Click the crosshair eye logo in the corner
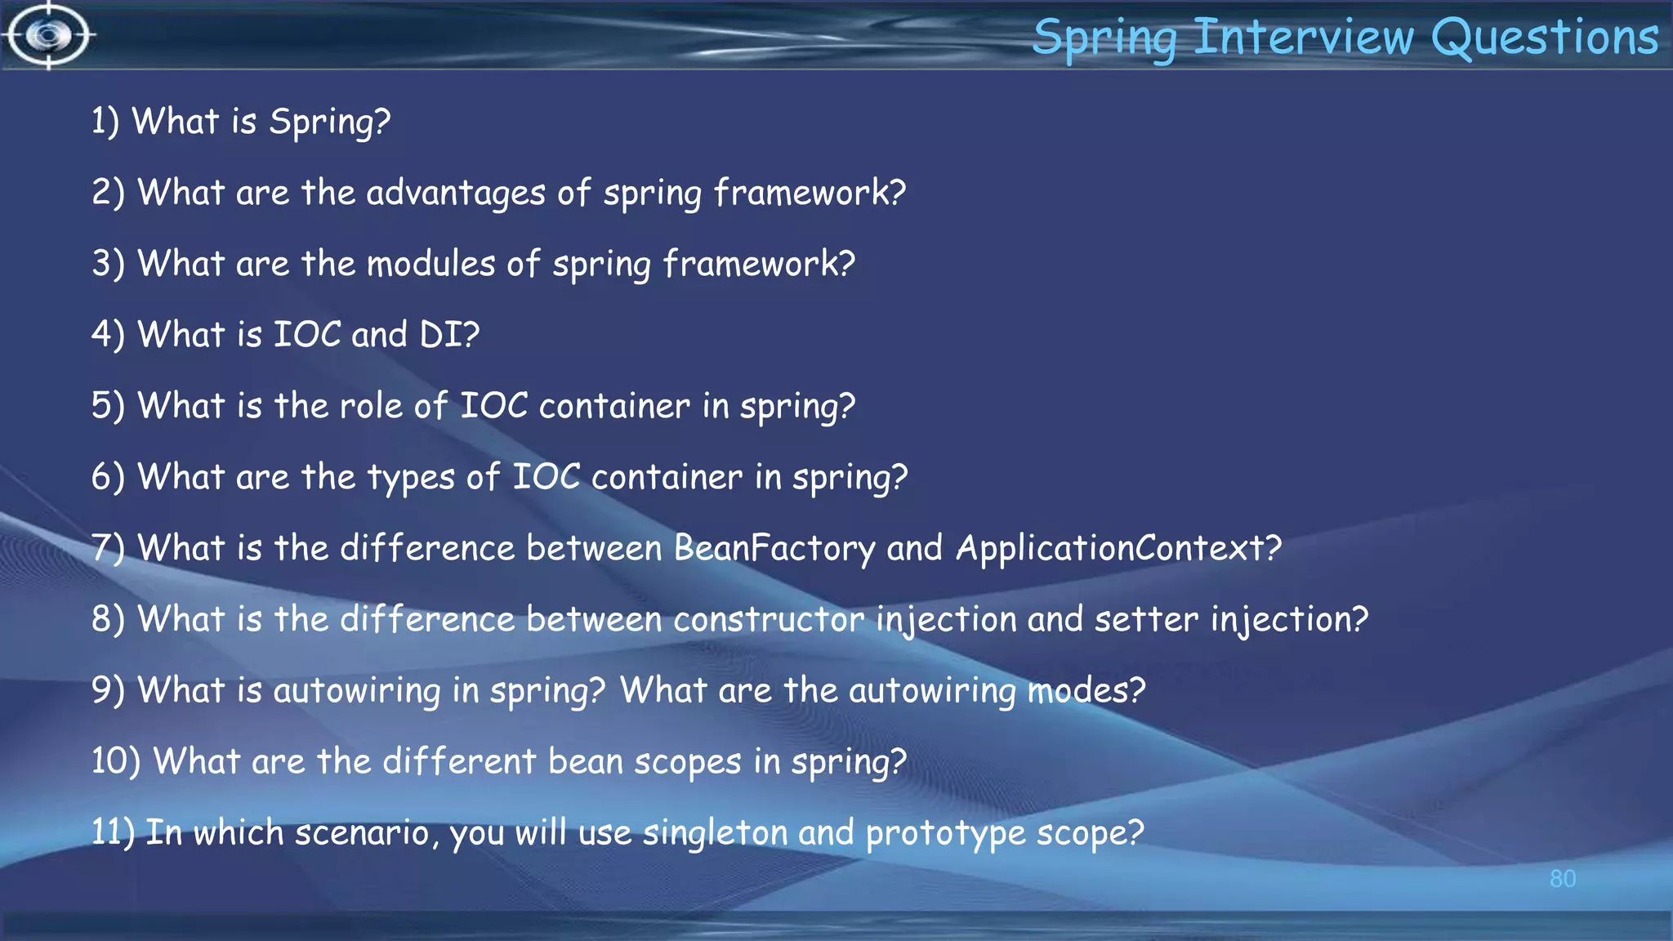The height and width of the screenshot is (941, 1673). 49,35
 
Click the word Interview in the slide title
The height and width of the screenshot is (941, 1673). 1304,38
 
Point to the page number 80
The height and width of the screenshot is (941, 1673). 1562,879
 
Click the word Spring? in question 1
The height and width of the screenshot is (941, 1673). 330,123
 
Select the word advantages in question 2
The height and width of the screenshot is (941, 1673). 456,194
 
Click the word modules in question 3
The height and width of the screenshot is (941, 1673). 431,264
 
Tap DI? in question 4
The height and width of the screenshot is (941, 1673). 449,335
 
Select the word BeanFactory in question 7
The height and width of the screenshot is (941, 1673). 774,548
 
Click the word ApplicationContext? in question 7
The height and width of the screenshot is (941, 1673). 1118,548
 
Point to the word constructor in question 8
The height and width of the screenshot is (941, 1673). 768,619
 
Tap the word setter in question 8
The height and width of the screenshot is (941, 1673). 1146,619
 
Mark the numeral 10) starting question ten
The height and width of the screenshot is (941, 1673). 115,761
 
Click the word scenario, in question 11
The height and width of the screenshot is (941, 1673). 362,833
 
